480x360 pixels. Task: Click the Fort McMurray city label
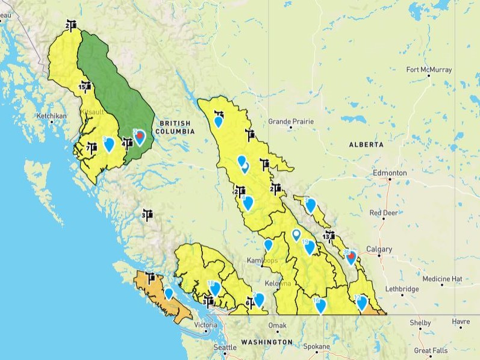[x=429, y=70]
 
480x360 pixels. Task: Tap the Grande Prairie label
[x=291, y=121]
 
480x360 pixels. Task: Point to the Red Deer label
[x=383, y=213]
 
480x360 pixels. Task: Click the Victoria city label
[x=205, y=325]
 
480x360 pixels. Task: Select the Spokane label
[x=317, y=347]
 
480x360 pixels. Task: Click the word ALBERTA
[x=366, y=145]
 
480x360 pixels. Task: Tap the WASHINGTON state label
[x=267, y=342]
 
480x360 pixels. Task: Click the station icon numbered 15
[x=86, y=88]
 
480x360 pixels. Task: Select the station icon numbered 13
[x=328, y=235]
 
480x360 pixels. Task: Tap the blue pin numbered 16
[x=320, y=305]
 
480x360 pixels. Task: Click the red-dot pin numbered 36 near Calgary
[x=350, y=257]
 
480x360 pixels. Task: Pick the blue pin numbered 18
[x=214, y=288]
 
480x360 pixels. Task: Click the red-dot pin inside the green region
[x=140, y=137]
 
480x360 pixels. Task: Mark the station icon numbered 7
[x=92, y=147]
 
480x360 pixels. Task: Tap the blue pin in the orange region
[x=169, y=293]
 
